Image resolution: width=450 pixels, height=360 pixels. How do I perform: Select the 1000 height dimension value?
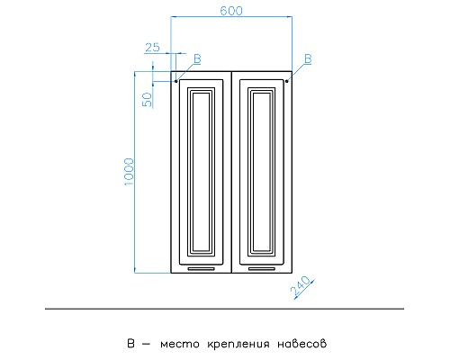pos(129,172)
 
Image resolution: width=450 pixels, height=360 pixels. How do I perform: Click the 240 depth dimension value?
pos(301,287)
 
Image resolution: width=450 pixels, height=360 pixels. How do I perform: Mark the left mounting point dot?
pos(176,81)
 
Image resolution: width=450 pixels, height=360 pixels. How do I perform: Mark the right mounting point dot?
pos(287,81)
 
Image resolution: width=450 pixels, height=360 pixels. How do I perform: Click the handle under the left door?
pos(202,268)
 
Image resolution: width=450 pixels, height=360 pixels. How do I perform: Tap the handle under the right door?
pos(261,268)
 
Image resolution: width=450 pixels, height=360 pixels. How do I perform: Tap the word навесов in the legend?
pos(296,344)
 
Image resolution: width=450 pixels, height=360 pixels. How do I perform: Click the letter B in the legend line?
pos(131,343)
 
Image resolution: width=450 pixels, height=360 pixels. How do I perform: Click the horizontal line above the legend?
pos(225,309)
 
